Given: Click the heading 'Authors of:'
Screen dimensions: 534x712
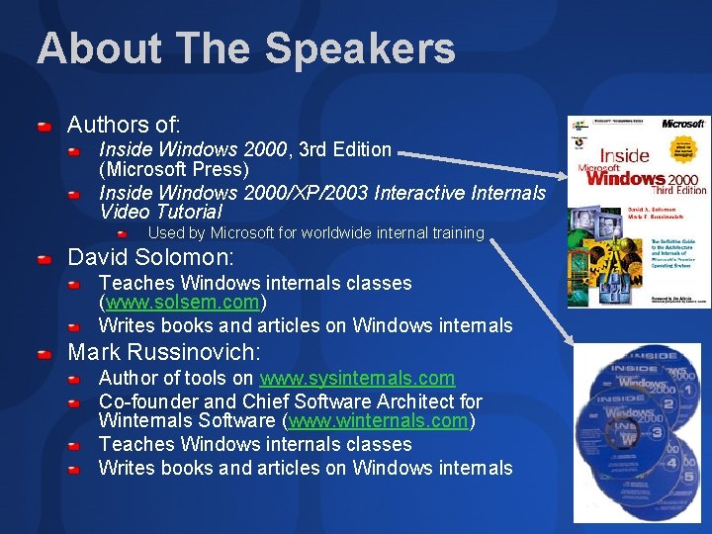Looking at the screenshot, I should (124, 125).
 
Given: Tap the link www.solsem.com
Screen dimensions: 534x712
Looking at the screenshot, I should (182, 302).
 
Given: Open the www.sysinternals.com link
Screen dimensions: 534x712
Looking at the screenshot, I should (357, 378).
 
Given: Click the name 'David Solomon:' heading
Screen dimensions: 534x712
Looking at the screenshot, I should (150, 258).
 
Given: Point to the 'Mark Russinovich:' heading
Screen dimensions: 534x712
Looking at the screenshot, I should (164, 352).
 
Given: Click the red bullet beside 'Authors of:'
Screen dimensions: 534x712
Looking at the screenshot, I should (44, 128).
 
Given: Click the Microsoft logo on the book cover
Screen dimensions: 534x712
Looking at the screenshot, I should (682, 124).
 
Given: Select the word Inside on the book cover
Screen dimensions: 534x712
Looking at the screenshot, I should (625, 155).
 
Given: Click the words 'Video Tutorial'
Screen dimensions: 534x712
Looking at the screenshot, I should (160, 212).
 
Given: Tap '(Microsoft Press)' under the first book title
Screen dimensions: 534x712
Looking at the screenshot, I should (173, 169).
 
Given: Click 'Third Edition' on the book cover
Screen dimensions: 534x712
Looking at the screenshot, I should (678, 190).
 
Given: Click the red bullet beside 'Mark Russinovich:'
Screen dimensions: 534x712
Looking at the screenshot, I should (44, 354).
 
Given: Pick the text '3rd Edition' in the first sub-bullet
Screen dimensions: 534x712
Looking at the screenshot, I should (345, 149).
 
